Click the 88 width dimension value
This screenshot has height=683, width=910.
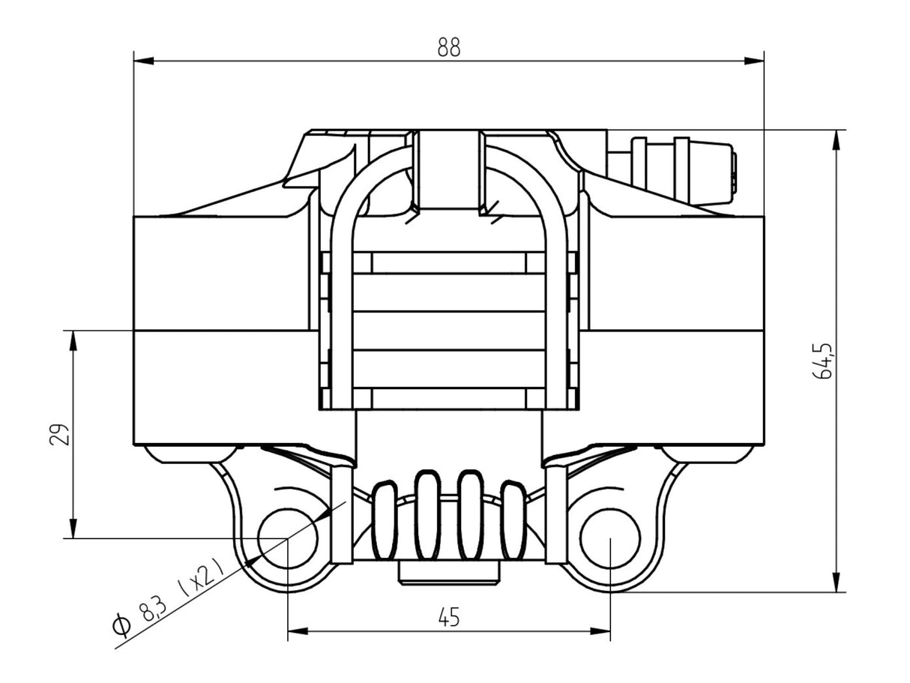[x=449, y=47]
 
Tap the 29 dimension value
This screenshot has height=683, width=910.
[x=59, y=434]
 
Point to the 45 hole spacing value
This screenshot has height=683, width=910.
[x=448, y=617]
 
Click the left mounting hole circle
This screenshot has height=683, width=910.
[x=288, y=538]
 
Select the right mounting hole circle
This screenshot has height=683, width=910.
[x=611, y=538]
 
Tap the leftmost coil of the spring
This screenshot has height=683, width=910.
[x=384, y=521]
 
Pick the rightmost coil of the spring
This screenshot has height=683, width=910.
[x=513, y=521]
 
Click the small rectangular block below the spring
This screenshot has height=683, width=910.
[x=449, y=573]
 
